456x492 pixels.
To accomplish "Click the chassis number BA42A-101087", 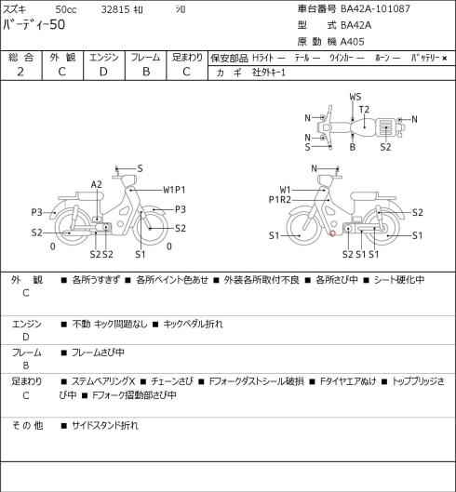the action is click(x=375, y=8).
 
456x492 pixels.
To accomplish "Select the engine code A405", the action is click(x=353, y=42).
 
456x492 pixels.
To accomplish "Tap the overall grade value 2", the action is click(x=20, y=72).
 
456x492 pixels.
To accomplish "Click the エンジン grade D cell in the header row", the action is click(x=103, y=72).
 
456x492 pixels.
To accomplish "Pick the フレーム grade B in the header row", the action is click(x=146, y=72).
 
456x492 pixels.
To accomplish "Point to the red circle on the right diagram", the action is click(x=332, y=233).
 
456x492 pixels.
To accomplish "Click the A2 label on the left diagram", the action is click(x=97, y=184).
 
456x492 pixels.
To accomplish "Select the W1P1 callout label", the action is click(x=174, y=190).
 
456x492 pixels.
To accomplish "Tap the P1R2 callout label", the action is click(x=280, y=200).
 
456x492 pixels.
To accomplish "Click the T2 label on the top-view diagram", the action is click(x=364, y=110).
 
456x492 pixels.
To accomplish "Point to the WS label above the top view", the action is click(x=355, y=97).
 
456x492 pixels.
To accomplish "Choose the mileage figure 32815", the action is click(x=115, y=9).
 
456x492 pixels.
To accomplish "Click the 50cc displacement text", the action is click(x=66, y=9).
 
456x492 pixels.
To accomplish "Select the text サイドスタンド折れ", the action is click(x=105, y=426).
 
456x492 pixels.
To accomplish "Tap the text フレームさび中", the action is click(x=98, y=352).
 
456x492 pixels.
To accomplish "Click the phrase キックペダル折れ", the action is click(x=194, y=324).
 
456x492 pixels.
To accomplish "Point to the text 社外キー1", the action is click(x=269, y=73).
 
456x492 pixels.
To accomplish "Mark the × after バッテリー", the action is click(x=445, y=58).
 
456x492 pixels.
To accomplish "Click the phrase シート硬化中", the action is click(x=399, y=280).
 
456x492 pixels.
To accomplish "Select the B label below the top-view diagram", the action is click(x=353, y=147).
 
